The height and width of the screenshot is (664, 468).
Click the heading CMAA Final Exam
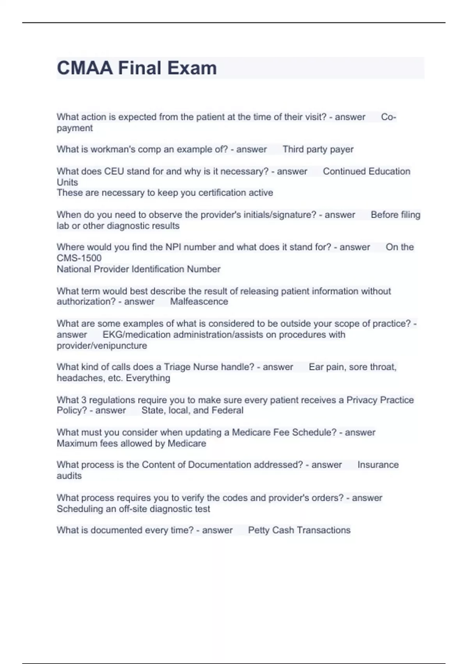(136, 68)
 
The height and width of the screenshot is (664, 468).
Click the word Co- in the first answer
(388, 117)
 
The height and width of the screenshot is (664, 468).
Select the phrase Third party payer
(318, 149)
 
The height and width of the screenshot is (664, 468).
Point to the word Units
(67, 182)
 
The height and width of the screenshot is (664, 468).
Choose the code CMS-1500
(79, 258)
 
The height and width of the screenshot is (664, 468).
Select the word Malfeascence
(199, 302)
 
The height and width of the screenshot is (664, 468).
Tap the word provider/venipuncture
(102, 346)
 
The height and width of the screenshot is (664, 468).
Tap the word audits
(69, 476)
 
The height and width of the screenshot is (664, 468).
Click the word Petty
(259, 530)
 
